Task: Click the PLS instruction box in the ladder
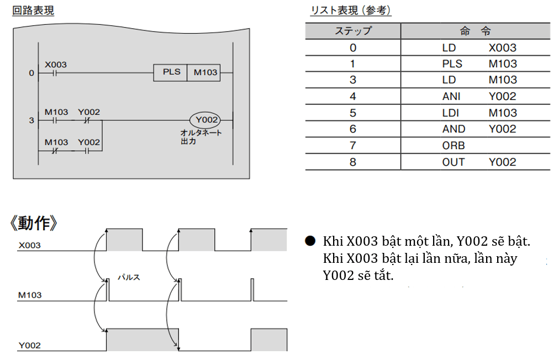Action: pyautogui.click(x=171, y=72)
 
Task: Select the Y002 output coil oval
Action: pyautogui.click(x=205, y=120)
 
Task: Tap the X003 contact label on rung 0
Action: pyautogui.click(x=55, y=65)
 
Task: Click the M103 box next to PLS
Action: pyautogui.click(x=205, y=72)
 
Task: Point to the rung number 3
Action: pyautogui.click(x=31, y=120)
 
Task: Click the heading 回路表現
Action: pyautogui.click(x=33, y=10)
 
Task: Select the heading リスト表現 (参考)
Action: pyautogui.click(x=351, y=10)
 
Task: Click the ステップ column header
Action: pyautogui.click(x=353, y=31)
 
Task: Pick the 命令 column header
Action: pyautogui.click(x=475, y=31)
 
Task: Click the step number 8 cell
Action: pyautogui.click(x=353, y=162)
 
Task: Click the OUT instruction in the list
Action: pyautogui.click(x=453, y=162)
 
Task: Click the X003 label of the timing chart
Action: pyautogui.click(x=29, y=245)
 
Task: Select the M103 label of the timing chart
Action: pyautogui.click(x=29, y=295)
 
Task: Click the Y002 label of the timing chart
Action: pyautogui.click(x=29, y=346)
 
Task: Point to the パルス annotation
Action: pyautogui.click(x=129, y=277)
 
